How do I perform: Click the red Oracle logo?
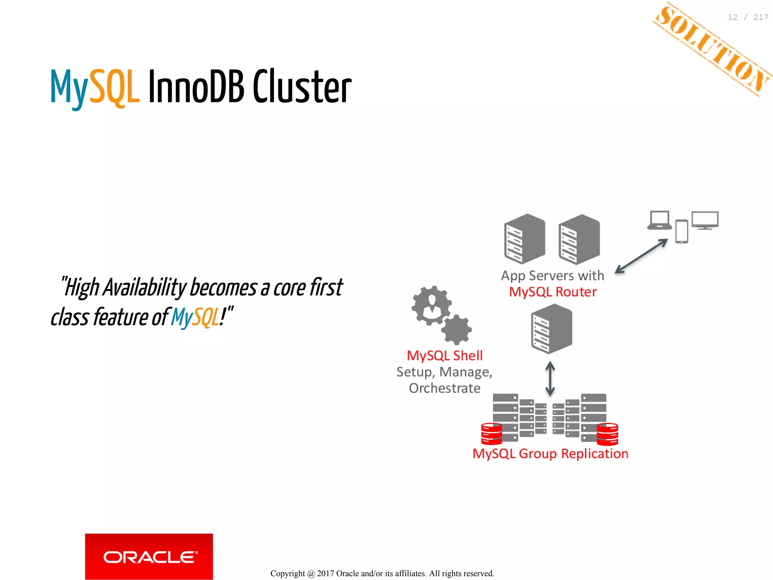(149, 556)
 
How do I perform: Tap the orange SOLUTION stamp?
(713, 49)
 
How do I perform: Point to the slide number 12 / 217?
(748, 17)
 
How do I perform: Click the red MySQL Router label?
(553, 292)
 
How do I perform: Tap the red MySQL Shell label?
(445, 355)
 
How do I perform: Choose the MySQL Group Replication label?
(550, 454)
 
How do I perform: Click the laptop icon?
(659, 220)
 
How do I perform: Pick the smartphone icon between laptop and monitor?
(682, 231)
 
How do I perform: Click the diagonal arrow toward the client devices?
(641, 256)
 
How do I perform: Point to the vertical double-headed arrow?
(550, 378)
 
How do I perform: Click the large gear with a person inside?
(431, 305)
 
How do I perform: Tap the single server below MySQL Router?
(551, 329)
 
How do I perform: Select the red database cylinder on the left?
(491, 434)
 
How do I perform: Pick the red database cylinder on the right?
(607, 434)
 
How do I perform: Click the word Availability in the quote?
(145, 288)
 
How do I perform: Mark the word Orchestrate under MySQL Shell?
(445, 388)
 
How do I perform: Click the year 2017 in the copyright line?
(325, 574)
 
